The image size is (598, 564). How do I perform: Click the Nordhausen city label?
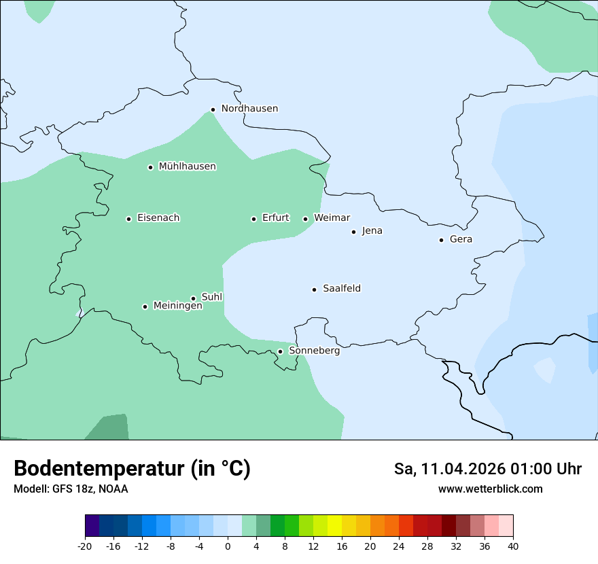tap(249, 109)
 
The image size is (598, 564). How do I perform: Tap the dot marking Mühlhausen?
tap(151, 167)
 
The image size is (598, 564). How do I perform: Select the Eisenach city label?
tap(158, 218)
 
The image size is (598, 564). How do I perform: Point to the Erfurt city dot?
tap(253, 219)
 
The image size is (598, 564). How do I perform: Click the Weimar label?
tap(332, 218)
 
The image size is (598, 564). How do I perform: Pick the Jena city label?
tap(372, 231)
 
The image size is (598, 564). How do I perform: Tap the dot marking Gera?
tap(441, 240)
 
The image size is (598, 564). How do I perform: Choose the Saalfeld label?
tap(342, 289)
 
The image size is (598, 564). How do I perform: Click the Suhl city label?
tap(212, 297)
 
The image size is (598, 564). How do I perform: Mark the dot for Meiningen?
tap(145, 306)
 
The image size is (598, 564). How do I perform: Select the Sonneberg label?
tap(314, 351)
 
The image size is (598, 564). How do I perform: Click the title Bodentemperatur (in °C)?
tap(132, 469)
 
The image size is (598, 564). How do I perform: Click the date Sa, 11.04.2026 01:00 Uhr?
tap(487, 469)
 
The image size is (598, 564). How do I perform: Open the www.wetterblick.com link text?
tap(490, 489)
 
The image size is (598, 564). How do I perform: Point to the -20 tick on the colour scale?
tap(85, 546)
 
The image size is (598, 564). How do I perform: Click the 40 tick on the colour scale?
tap(513, 546)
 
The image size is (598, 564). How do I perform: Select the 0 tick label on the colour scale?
tap(228, 546)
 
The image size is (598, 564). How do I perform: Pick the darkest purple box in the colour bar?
tap(92, 526)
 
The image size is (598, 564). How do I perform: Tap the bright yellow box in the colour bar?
tap(334, 526)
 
